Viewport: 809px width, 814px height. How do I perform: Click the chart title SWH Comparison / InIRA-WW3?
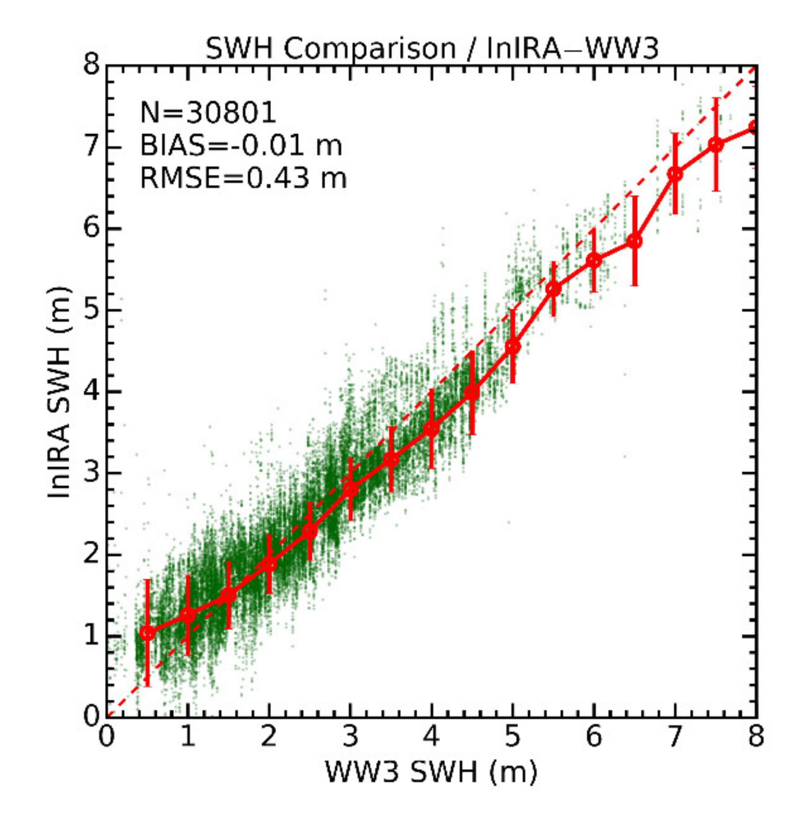[431, 48]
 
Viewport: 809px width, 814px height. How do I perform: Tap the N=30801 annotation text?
[208, 112]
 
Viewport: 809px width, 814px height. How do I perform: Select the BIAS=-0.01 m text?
[241, 145]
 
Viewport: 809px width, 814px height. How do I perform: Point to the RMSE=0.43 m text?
[243, 178]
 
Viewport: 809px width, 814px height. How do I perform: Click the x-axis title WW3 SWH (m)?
[431, 772]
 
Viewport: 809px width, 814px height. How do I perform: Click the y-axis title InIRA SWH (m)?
[59, 392]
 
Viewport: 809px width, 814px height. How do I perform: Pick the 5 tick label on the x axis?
[513, 736]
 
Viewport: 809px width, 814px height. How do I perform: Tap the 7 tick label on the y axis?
[92, 147]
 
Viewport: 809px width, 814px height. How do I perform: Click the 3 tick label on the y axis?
[92, 473]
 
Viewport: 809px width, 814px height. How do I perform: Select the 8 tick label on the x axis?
[756, 736]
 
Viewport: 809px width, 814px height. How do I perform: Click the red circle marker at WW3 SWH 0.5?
[147, 633]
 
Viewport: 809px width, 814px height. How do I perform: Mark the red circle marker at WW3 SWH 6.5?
[635, 241]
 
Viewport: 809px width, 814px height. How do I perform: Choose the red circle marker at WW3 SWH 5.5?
[553, 289]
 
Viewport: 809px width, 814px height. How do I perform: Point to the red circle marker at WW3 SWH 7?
[675, 174]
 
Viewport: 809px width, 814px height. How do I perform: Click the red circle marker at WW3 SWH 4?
[432, 429]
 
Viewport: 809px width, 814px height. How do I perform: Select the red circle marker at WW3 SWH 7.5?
[716, 145]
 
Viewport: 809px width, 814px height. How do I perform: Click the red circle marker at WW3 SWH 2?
[269, 564]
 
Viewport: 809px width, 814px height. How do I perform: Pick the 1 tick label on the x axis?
[187, 736]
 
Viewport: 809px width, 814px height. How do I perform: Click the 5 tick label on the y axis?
[92, 310]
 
